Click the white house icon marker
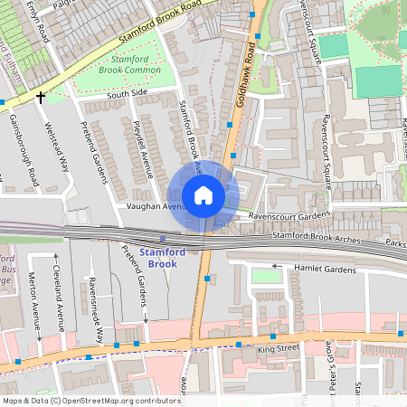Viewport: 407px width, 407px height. [x=203, y=194]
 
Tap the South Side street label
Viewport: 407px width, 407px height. [x=126, y=93]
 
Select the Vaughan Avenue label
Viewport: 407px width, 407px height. [x=153, y=206]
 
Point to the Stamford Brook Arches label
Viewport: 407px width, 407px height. [x=317, y=239]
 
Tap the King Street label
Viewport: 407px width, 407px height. [x=277, y=347]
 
